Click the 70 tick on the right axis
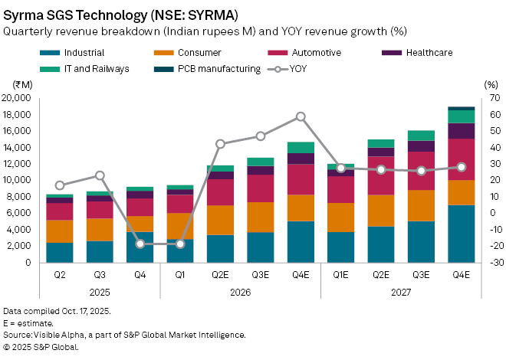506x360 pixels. point(491,98)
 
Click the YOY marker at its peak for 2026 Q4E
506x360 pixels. point(301,117)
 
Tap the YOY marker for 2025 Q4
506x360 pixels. point(140,244)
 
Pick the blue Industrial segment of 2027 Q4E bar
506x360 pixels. point(462,234)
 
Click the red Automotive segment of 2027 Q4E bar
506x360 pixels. point(462,159)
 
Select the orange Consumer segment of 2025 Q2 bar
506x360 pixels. point(59,231)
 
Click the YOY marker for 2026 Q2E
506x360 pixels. point(220,144)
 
